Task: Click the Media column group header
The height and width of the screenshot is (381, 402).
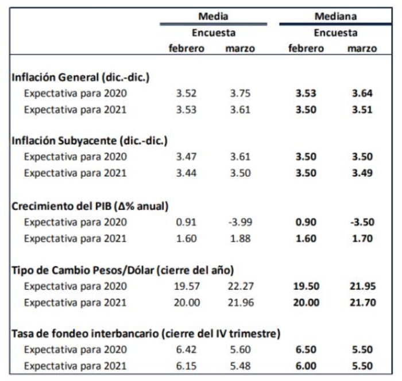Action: [213, 16]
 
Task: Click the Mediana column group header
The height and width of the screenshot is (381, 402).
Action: [335, 16]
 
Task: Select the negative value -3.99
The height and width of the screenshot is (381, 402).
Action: [240, 222]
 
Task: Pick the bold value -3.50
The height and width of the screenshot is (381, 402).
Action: [362, 222]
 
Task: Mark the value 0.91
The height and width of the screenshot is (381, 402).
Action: [187, 222]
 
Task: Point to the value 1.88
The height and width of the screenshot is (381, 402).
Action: [240, 238]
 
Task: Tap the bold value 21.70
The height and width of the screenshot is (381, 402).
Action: [362, 302]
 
